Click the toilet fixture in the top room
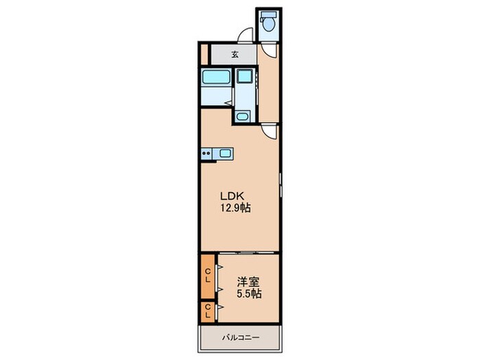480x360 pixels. pyautogui.click(x=269, y=23)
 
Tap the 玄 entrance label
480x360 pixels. pyautogui.click(x=235, y=54)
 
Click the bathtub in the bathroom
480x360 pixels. pyautogui.click(x=216, y=87)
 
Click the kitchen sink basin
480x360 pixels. pyautogui.click(x=224, y=153)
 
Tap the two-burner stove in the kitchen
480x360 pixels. pyautogui.click(x=206, y=153)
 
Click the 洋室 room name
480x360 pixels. pyautogui.click(x=248, y=281)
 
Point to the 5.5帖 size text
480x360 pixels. pyautogui.click(x=248, y=293)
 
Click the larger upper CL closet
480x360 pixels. pyautogui.click(x=207, y=277)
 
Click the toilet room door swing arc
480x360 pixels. pyautogui.click(x=269, y=48)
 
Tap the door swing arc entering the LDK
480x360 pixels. pyautogui.click(x=271, y=132)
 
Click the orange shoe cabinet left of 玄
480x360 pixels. pyautogui.click(x=203, y=53)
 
